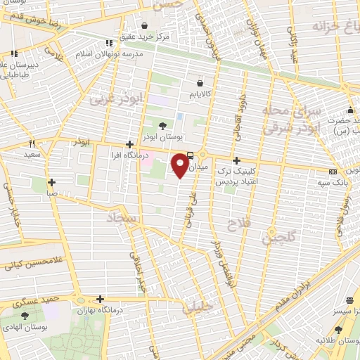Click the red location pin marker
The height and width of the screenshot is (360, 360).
click(181, 165)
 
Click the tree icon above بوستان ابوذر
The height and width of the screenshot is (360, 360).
click(163, 126)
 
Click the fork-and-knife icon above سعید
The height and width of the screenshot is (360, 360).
click(32, 143)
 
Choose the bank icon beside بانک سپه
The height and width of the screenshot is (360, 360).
click(333, 172)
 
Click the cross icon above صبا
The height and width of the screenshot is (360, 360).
click(51, 181)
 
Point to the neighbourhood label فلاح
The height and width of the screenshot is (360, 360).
click(236, 225)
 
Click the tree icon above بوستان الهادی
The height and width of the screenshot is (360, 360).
click(26, 315)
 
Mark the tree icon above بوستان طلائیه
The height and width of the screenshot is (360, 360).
click(338, 330)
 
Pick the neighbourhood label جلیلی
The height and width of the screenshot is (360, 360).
click(198, 308)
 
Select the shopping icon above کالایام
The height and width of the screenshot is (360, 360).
click(191, 83)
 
